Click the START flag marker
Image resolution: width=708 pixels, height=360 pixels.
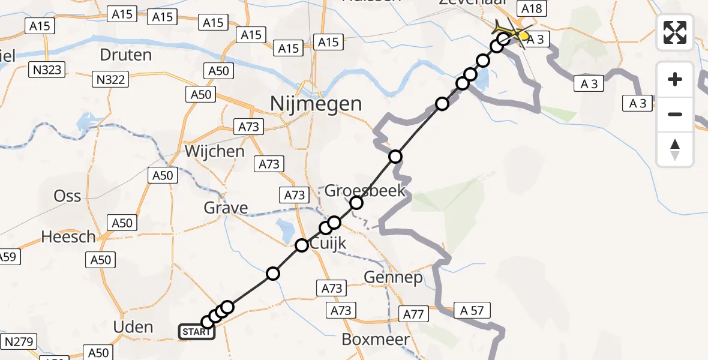pyautogui.click(x=196, y=332)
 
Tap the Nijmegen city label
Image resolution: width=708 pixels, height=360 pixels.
pyautogui.click(x=316, y=104)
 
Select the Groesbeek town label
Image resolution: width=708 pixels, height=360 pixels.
pyautogui.click(x=365, y=191)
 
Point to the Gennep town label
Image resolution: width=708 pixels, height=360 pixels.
pyautogui.click(x=394, y=278)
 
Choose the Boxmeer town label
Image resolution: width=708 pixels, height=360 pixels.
pyautogui.click(x=376, y=339)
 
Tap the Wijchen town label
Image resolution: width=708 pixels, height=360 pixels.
pyautogui.click(x=214, y=151)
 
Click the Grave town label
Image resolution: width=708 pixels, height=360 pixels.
pyautogui.click(x=226, y=208)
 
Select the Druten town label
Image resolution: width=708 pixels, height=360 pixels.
pyautogui.click(x=126, y=55)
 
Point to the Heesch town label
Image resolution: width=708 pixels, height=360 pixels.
pyautogui.click(x=68, y=236)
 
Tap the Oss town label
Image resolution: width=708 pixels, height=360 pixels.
pyautogui.click(x=67, y=196)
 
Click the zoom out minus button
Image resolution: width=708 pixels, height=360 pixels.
pyautogui.click(x=675, y=114)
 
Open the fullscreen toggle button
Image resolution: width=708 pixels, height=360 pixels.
pyautogui.click(x=675, y=32)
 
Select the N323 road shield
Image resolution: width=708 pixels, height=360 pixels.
pyautogui.click(x=47, y=70)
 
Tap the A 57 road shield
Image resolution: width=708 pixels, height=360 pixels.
pyautogui.click(x=472, y=310)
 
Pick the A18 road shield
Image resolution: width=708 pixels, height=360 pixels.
pyautogui.click(x=531, y=8)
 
